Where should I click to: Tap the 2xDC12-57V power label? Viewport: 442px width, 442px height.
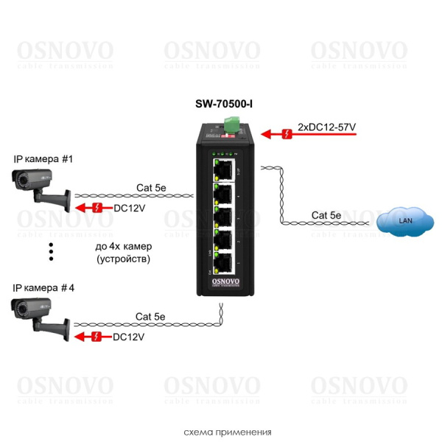326,127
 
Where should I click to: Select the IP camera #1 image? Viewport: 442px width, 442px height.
41,189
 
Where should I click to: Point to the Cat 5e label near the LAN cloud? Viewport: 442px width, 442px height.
326,215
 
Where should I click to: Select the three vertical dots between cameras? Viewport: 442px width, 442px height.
52,251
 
